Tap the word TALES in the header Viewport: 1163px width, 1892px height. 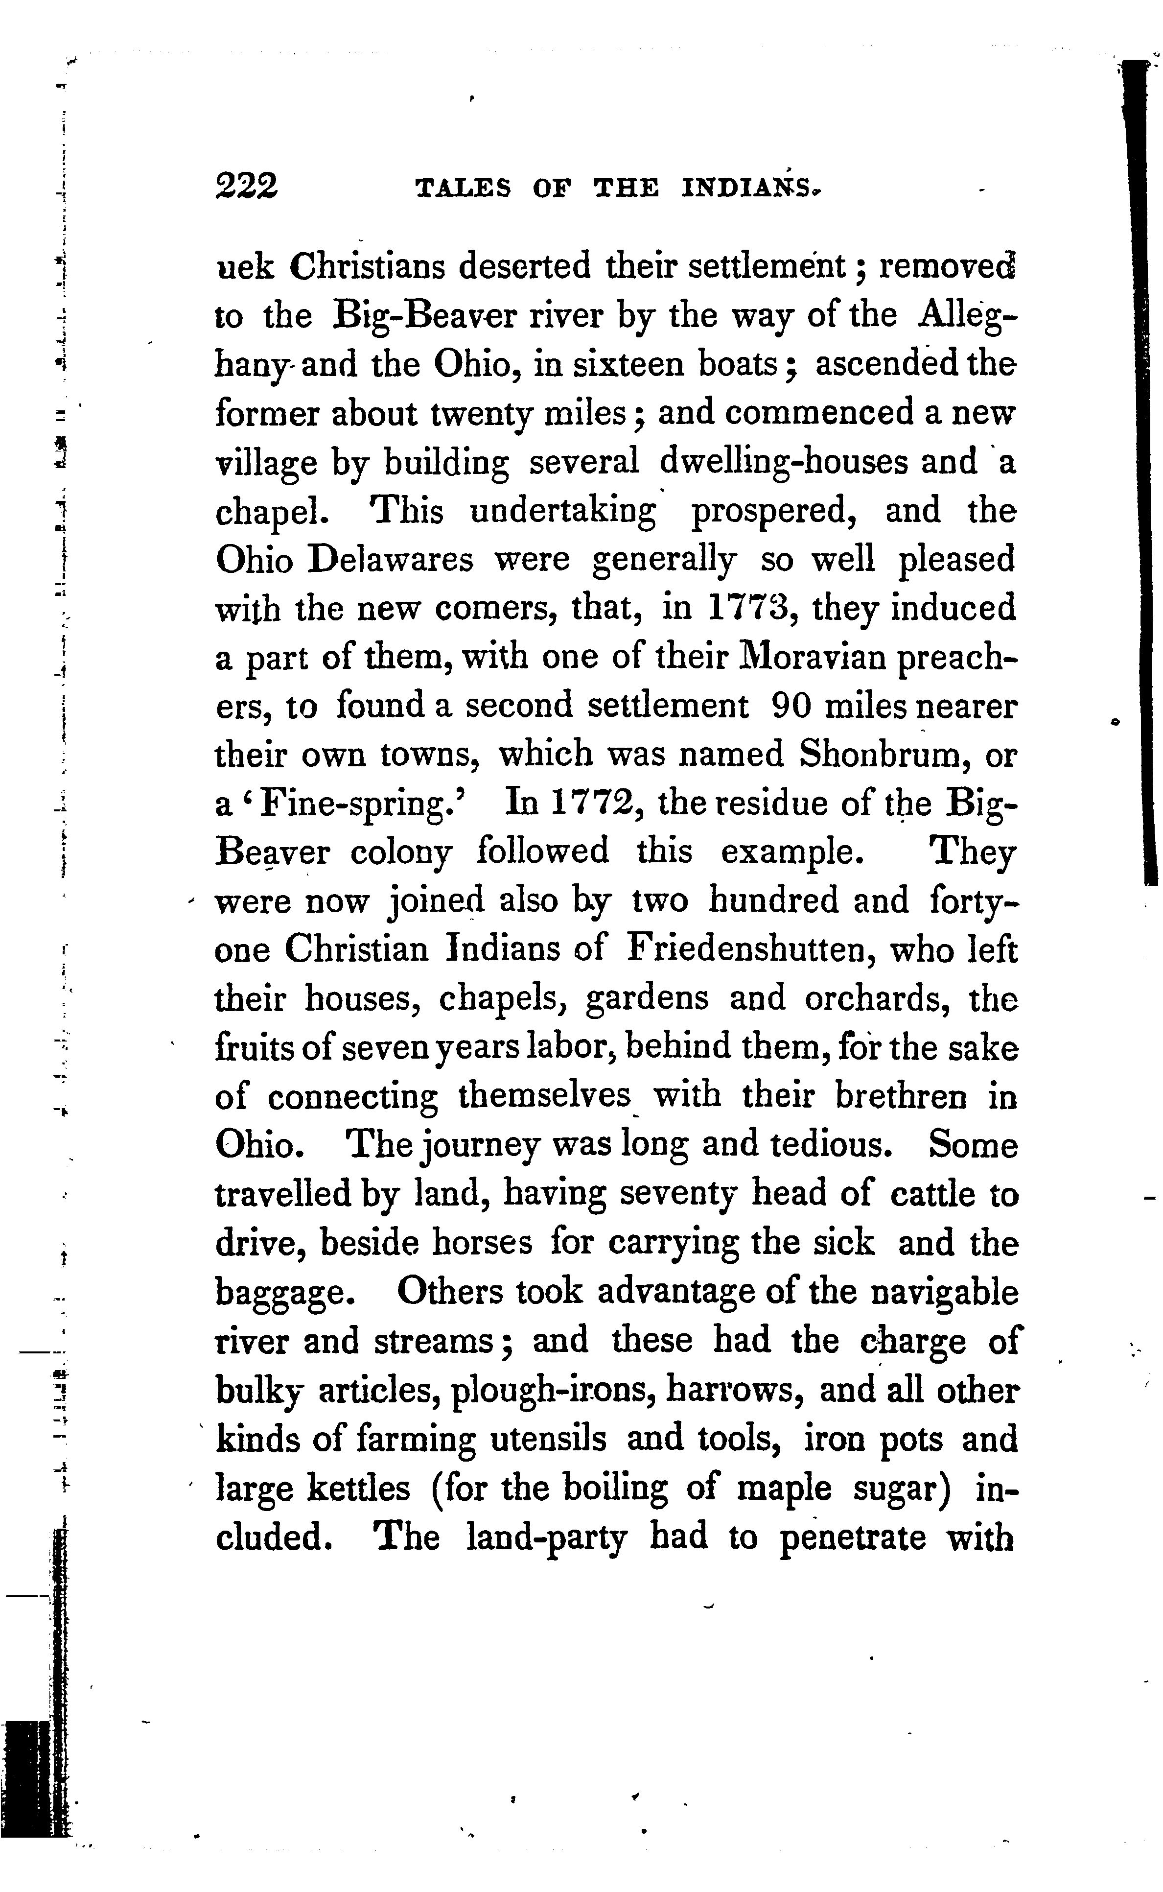462,189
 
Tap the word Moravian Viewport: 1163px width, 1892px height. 797,657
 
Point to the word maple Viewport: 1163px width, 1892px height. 784,1489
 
